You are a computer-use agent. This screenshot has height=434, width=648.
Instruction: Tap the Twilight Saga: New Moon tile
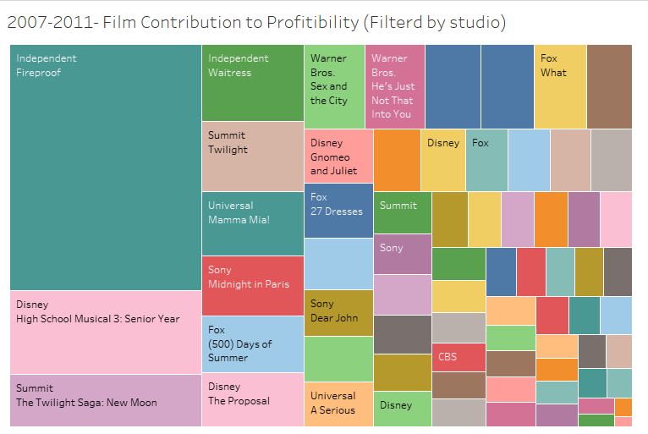[105, 399]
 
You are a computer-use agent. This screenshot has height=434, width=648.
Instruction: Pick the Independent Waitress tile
[252, 83]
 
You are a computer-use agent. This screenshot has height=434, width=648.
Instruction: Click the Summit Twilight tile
[252, 156]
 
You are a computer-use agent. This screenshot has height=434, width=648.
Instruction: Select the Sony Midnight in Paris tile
[252, 285]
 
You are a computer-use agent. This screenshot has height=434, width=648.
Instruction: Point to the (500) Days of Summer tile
[252, 343]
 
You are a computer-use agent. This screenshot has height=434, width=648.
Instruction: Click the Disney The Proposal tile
[252, 398]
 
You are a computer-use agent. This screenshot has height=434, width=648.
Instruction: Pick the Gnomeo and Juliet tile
[338, 157]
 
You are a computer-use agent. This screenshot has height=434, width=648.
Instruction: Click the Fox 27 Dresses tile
[338, 210]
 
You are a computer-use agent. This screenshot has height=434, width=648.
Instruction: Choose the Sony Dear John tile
[338, 312]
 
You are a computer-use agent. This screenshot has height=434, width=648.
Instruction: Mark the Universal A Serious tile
[338, 404]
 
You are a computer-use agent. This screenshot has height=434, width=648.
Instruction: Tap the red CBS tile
[458, 356]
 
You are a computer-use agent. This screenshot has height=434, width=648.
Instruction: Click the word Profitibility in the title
[306, 23]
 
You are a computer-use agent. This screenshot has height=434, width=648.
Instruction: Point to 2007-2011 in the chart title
[51, 23]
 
